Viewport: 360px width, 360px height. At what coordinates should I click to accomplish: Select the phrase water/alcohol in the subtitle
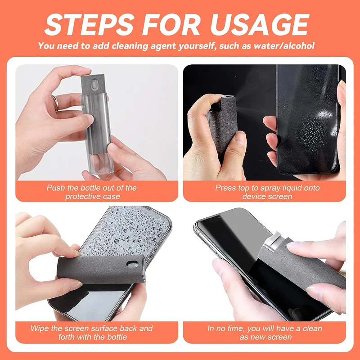(x=287, y=46)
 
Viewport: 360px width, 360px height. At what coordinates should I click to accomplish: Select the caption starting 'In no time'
(x=265, y=333)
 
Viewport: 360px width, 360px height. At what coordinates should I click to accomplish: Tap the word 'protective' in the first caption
(x=82, y=197)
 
